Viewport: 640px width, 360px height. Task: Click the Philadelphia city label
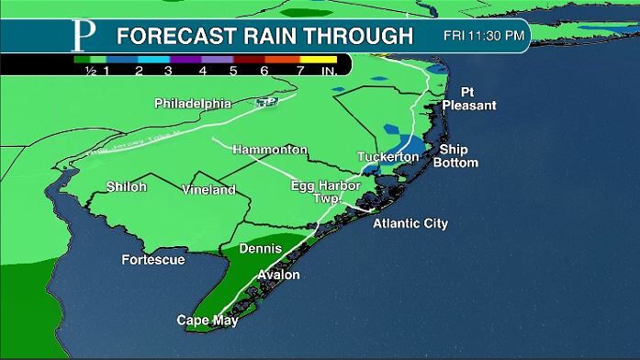click(192, 103)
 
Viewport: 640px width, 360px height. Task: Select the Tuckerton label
click(387, 157)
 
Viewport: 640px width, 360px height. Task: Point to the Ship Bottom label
click(458, 156)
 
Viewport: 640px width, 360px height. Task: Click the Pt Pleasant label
click(468, 100)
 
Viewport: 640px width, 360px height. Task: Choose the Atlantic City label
click(410, 223)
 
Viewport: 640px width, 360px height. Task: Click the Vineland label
click(209, 190)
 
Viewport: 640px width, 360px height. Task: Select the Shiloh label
click(126, 186)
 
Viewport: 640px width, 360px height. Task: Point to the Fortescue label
click(153, 260)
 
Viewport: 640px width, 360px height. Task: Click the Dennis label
click(260, 249)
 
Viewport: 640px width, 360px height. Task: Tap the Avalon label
click(279, 276)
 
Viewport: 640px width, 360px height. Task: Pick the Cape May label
click(208, 321)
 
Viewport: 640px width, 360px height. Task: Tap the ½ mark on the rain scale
click(91, 70)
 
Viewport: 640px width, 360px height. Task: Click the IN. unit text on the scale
click(328, 70)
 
